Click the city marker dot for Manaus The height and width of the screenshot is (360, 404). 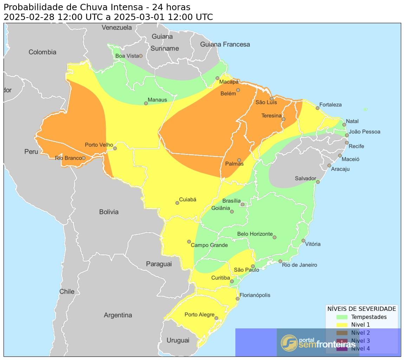coord(146,103)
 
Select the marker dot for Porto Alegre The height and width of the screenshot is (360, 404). coord(216,318)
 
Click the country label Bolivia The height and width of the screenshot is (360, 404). coord(109,212)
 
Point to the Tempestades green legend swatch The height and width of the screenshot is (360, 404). coord(341,317)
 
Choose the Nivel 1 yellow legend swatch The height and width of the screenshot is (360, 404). coord(341,325)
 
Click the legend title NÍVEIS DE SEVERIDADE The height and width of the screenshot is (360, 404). coord(361,309)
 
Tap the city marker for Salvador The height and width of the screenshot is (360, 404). coord(318,182)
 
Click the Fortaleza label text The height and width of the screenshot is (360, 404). coord(330,105)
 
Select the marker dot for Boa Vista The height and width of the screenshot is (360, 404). coord(141,56)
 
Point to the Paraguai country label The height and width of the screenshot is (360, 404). coord(159,264)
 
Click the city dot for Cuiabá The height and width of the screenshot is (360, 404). coord(177,203)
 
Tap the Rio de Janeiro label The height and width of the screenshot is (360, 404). coord(299,265)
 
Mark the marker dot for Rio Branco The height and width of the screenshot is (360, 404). coord(84,158)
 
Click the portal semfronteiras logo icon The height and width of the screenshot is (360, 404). coord(289,343)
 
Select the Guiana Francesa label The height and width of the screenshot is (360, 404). coord(225,44)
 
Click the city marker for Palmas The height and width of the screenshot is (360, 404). coord(239,160)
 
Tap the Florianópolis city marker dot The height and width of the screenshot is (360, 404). coord(237,299)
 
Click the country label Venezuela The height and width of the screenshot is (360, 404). coord(117,27)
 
